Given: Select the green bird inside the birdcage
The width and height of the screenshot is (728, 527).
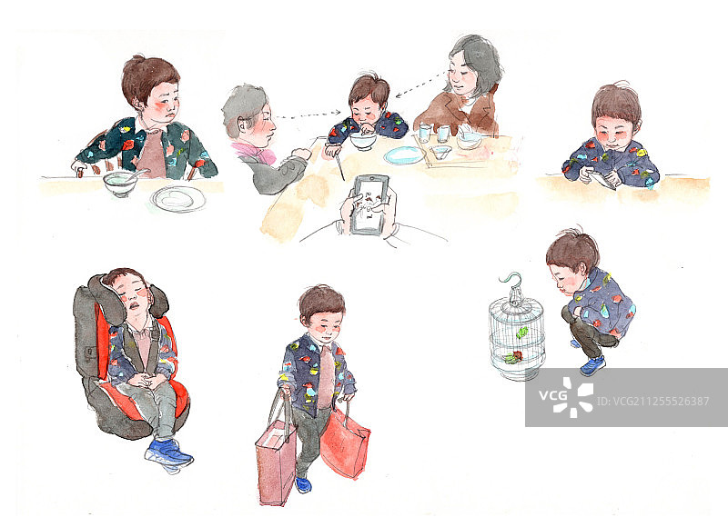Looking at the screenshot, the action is pos(521,332).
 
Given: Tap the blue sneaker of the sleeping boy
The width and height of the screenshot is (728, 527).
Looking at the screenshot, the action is pos(168,453).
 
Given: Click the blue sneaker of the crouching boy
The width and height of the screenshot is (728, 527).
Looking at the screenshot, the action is pos(592,364).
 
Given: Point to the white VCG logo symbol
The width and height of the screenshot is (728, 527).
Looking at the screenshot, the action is pos(573,397).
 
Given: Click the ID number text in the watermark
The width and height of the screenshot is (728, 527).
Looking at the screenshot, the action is pos(652,401).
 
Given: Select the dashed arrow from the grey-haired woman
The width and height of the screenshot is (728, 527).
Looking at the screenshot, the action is pos(308,114).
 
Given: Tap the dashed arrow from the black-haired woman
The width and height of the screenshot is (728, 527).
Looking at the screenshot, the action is pos(420,85).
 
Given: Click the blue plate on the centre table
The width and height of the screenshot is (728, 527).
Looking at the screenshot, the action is pos(404,155).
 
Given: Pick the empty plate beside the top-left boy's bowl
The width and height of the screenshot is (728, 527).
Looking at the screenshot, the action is pos(177,199).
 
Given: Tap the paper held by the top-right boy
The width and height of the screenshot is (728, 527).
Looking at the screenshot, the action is pos(602,178).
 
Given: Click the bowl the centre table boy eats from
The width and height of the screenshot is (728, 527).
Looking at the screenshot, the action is pos(362,141).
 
